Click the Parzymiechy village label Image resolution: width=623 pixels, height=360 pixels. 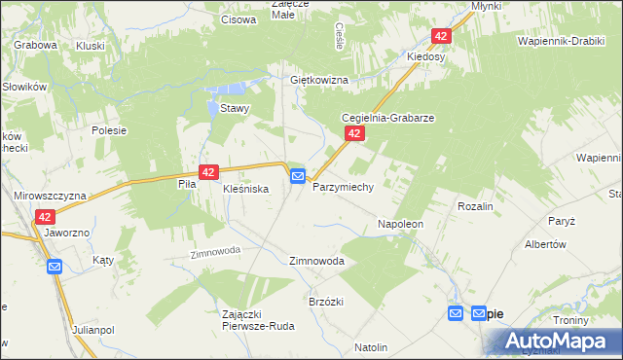343,186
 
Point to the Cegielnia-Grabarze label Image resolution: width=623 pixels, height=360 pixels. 386,117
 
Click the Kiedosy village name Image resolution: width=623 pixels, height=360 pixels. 425,56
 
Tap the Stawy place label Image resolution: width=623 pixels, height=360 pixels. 236,109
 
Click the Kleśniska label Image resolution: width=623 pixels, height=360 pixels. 245,188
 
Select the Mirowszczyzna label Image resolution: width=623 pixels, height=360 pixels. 51,196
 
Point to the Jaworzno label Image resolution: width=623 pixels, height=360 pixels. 66,234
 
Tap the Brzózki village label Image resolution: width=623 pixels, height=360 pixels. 326,302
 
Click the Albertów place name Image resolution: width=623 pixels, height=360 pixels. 545,245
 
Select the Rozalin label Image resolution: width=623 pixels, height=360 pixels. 475,207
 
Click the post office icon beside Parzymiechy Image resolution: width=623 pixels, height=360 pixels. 298,176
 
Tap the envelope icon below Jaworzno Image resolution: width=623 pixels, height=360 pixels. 55,267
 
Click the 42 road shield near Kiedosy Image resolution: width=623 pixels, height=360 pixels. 442,36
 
